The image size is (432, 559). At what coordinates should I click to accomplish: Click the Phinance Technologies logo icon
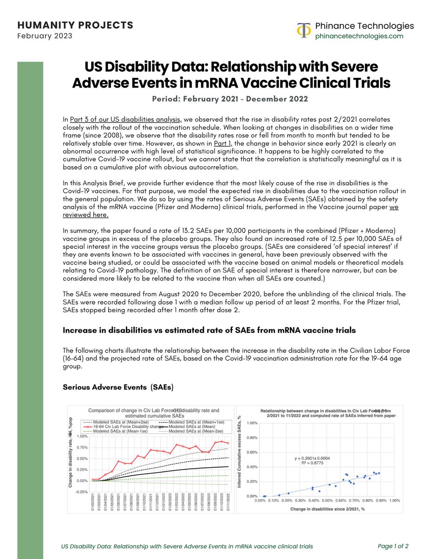(304, 30)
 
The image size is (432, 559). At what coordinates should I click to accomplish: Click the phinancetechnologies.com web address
(359, 36)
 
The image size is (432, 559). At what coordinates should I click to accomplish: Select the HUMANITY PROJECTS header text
(75, 25)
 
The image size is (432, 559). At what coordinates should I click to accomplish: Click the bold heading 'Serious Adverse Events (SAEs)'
(118, 387)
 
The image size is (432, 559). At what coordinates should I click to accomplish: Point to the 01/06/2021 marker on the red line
(119, 461)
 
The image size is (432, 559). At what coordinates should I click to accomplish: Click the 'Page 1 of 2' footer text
(392, 546)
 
